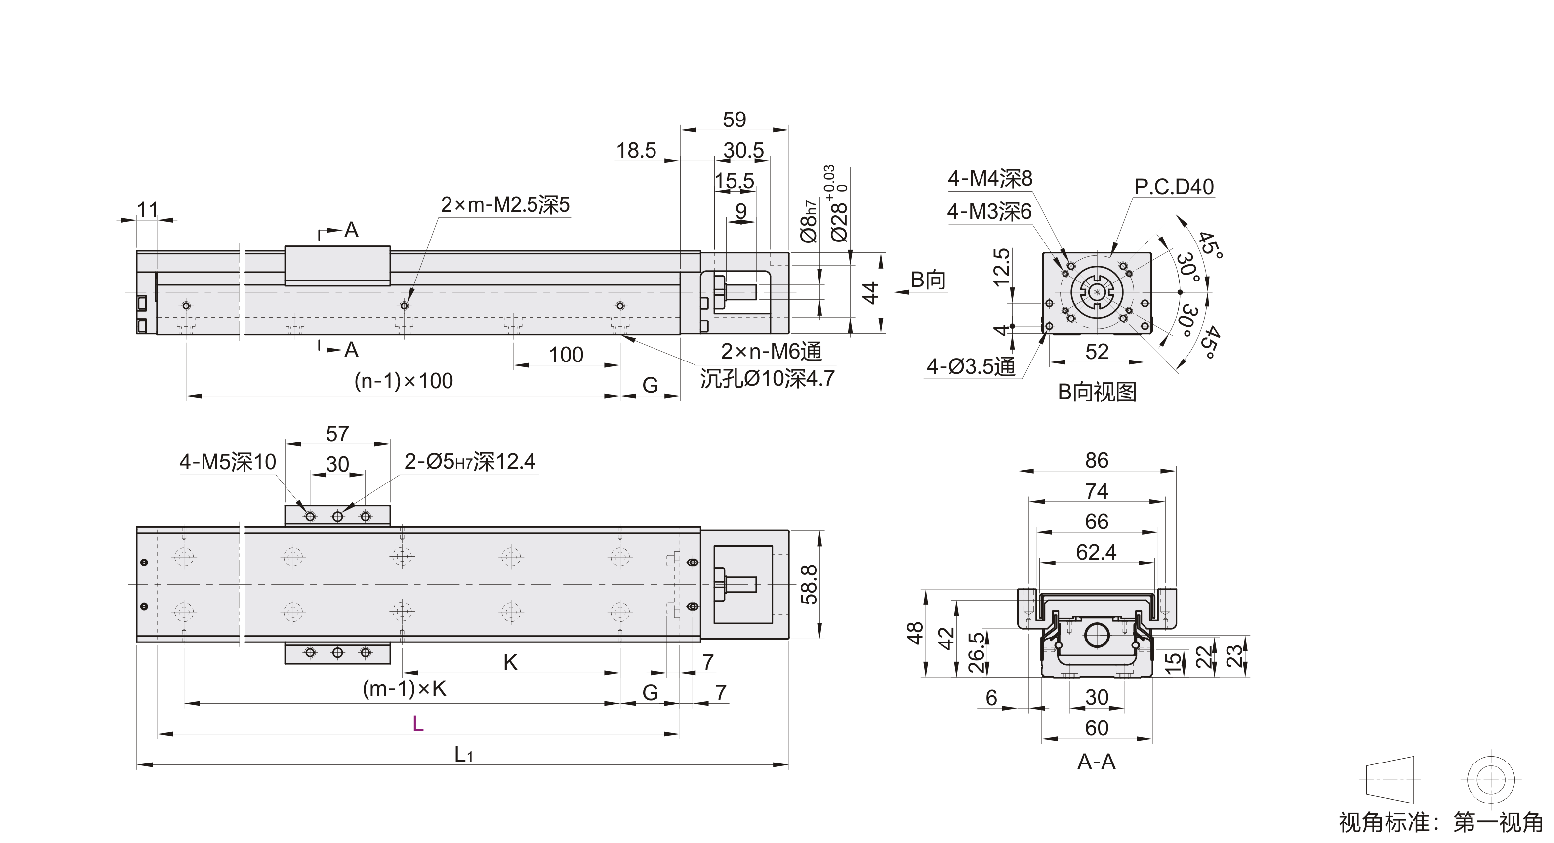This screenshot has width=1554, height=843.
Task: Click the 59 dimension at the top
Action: click(734, 120)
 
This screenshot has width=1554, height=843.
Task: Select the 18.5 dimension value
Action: click(636, 150)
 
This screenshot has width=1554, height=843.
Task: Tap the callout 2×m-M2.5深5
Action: click(505, 205)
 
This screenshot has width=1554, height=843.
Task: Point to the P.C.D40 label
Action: click(1173, 187)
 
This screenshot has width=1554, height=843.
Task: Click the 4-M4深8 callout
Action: click(990, 178)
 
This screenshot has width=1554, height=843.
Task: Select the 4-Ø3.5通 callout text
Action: click(971, 366)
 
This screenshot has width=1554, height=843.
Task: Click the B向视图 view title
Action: click(1097, 392)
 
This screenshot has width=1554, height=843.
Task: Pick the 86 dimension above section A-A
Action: click(1096, 461)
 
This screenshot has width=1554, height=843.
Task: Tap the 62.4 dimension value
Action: click(1096, 552)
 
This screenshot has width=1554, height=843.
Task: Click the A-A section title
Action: click(1096, 762)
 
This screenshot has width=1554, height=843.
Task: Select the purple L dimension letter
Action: click(417, 723)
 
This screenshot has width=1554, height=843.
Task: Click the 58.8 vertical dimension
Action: click(809, 584)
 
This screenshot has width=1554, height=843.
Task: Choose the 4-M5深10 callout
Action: click(227, 462)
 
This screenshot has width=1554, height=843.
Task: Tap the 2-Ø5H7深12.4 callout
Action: click(469, 462)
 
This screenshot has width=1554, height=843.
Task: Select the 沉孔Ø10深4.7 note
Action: click(767, 379)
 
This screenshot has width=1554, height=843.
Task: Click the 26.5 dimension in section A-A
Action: click(976, 652)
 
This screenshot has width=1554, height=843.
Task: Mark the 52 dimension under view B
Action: click(1096, 352)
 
